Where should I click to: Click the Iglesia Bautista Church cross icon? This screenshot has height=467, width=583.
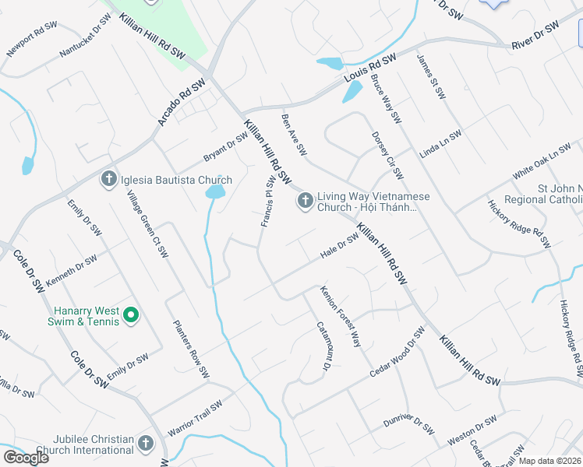pyautogui.click(x=108, y=180)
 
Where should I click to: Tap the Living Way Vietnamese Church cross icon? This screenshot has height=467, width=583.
pyautogui.click(x=305, y=201)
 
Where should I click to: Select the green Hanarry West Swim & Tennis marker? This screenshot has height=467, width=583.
pyautogui.click(x=131, y=315)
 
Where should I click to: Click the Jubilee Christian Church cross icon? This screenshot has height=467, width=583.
pyautogui.click(x=145, y=444)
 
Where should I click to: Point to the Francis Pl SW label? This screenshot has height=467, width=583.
pyautogui.click(x=267, y=202)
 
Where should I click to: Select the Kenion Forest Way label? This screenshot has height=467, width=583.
pyautogui.click(x=341, y=316)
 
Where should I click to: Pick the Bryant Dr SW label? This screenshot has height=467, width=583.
pyautogui.click(x=225, y=145)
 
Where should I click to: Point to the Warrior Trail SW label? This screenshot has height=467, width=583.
pyautogui.click(x=195, y=418)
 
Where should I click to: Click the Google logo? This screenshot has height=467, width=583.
pyautogui.click(x=26, y=458)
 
